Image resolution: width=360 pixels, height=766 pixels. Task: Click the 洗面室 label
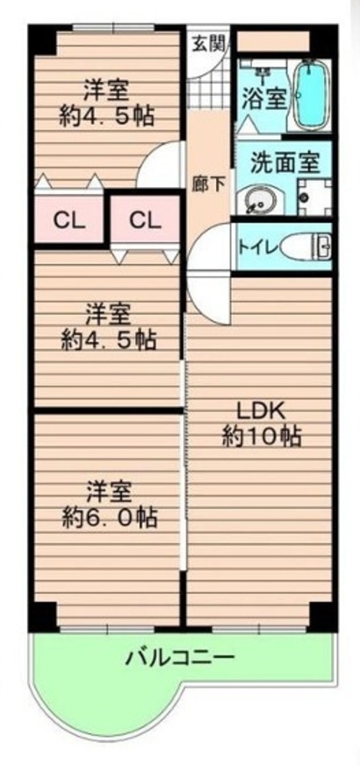coord(284,163)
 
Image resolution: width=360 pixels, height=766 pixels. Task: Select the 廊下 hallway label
coord(209,184)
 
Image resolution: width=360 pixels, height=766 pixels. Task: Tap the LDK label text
coord(260,411)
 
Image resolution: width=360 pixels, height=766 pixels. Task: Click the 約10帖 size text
coord(260,436)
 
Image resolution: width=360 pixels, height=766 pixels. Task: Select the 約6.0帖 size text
coord(110,517)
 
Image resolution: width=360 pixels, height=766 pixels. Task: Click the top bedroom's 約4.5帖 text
coord(107,116)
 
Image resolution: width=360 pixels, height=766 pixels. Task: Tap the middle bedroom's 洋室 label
coord(109,314)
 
